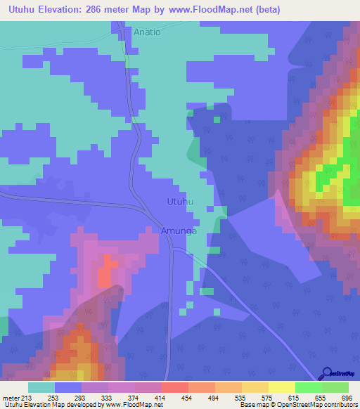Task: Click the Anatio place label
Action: coord(147,32)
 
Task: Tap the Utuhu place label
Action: coord(179,202)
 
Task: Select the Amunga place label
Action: coord(179,231)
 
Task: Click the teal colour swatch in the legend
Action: coord(41,387)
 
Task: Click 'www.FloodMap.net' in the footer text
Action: coord(127,405)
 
